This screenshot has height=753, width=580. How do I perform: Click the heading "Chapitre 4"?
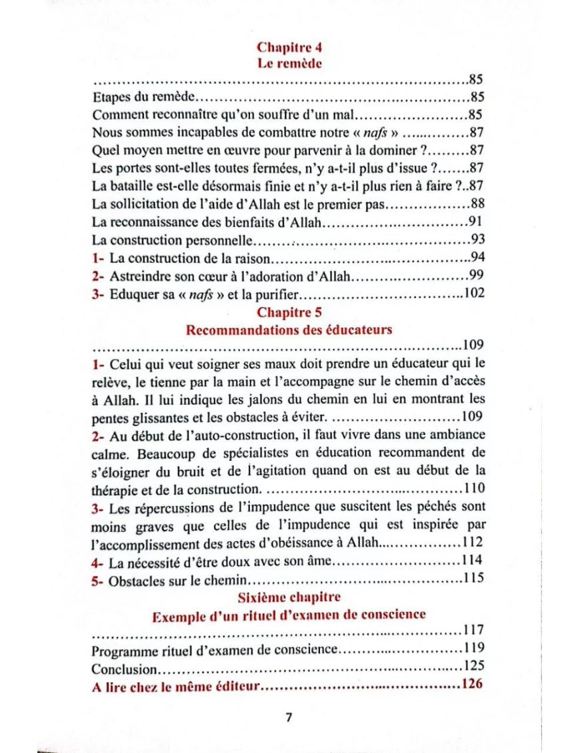click(289, 47)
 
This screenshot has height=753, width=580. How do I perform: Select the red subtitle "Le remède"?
click(289, 64)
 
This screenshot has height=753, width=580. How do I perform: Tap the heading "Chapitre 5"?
click(289, 312)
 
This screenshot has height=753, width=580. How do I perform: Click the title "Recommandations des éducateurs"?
click(289, 330)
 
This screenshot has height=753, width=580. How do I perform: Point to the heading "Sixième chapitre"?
click(289, 597)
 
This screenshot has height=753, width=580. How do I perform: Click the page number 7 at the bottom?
click(289, 717)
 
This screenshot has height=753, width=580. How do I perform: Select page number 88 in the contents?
click(477, 203)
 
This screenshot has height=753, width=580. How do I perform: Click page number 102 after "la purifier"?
click(473, 294)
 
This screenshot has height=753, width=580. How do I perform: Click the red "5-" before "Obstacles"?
click(99, 581)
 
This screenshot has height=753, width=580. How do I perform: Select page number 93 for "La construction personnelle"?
click(477, 239)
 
